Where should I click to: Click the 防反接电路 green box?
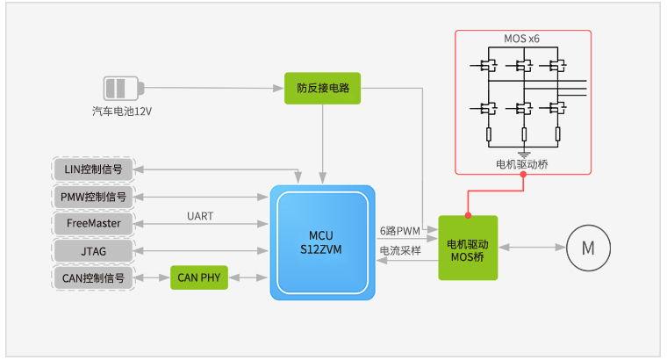[322, 89]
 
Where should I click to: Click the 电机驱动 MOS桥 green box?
[468, 248]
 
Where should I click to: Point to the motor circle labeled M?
[587, 248]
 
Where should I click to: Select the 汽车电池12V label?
[122, 112]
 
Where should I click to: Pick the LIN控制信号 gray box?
[94, 169]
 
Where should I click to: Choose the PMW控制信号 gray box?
[94, 196]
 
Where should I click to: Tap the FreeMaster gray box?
[94, 223]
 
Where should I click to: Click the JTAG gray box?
[94, 251]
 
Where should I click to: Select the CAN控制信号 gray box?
[94, 278]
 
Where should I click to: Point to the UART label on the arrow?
[200, 215]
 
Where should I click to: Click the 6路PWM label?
[400, 231]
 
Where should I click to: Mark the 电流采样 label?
[400, 251]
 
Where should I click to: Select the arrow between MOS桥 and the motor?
[530, 248]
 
